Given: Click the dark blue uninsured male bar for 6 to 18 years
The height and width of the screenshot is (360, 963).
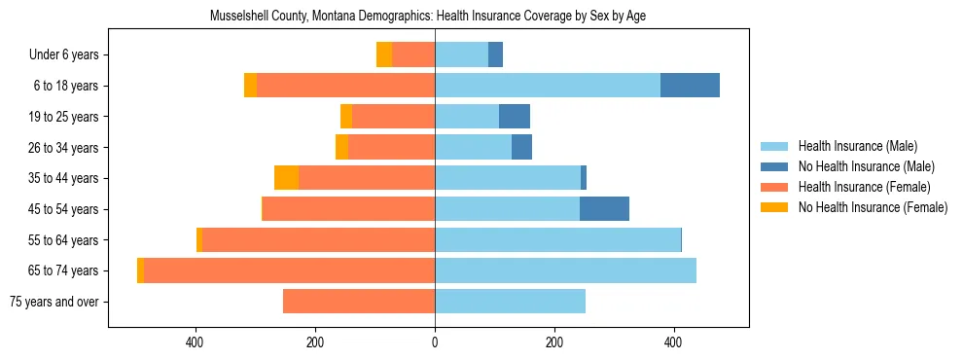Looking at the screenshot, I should click(690, 86).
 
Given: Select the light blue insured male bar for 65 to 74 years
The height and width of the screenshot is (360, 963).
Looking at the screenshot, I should click(565, 270).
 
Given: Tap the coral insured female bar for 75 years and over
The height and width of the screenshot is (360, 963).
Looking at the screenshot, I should click(359, 302).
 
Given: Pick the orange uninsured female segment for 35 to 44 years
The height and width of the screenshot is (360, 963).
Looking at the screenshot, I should click(286, 178).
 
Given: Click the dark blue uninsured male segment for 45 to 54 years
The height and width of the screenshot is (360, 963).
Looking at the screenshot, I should click(604, 209).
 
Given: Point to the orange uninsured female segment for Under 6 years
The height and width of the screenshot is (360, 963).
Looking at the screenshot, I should click(384, 54).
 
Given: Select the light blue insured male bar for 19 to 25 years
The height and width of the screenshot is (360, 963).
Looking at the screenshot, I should click(467, 117).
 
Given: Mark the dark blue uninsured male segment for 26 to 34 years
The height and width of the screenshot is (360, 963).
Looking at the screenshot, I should click(521, 147).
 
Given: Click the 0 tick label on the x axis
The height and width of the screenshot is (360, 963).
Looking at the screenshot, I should click(435, 342).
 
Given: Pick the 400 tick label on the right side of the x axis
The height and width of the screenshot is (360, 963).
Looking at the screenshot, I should click(673, 342).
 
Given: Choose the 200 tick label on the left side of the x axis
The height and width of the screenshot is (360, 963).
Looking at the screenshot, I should click(315, 342).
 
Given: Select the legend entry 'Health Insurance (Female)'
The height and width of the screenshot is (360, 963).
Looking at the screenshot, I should click(864, 187).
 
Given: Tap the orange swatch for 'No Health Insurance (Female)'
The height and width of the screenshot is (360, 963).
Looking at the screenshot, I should click(775, 207).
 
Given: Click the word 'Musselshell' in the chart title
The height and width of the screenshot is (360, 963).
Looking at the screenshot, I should click(239, 17).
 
